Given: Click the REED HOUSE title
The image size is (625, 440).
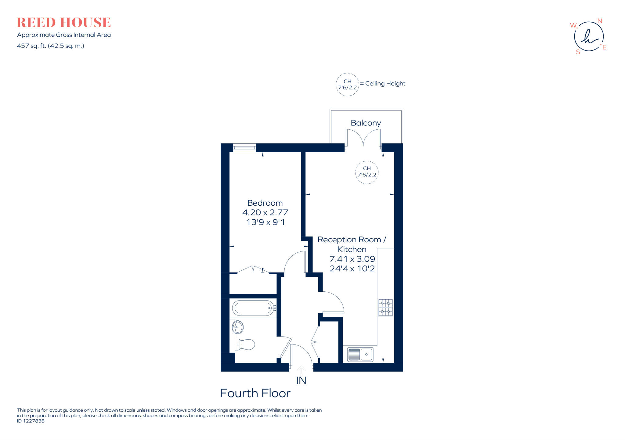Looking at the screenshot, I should coord(63,23).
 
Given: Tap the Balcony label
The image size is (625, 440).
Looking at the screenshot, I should coord(366,123).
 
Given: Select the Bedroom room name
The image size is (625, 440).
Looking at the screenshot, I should coord(265,203).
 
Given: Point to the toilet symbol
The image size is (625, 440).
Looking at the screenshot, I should coord(245,344).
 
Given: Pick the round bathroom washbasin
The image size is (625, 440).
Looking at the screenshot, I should coord(238,327).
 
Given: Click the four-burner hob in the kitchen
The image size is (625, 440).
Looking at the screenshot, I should coord(385,307).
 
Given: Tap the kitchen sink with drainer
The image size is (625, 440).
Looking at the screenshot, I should coord(360,354).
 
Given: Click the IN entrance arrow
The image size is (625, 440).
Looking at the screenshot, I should coord(301,370).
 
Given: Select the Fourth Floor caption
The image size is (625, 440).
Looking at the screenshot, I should coord(255,393).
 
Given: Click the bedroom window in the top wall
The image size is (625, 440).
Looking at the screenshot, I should coord(244,148).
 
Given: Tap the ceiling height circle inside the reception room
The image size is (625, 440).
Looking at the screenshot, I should coord(367,172).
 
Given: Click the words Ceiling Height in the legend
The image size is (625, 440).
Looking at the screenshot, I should coord(385,84).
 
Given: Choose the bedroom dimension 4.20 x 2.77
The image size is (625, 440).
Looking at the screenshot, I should coord(265,212).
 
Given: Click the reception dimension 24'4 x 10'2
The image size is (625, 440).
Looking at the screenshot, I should coord(352,269).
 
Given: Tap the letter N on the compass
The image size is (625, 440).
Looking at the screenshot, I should coord(600,21).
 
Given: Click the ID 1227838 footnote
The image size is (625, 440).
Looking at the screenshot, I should coord(31,421).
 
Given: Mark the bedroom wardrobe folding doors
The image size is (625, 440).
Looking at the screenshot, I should coord(253,269).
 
